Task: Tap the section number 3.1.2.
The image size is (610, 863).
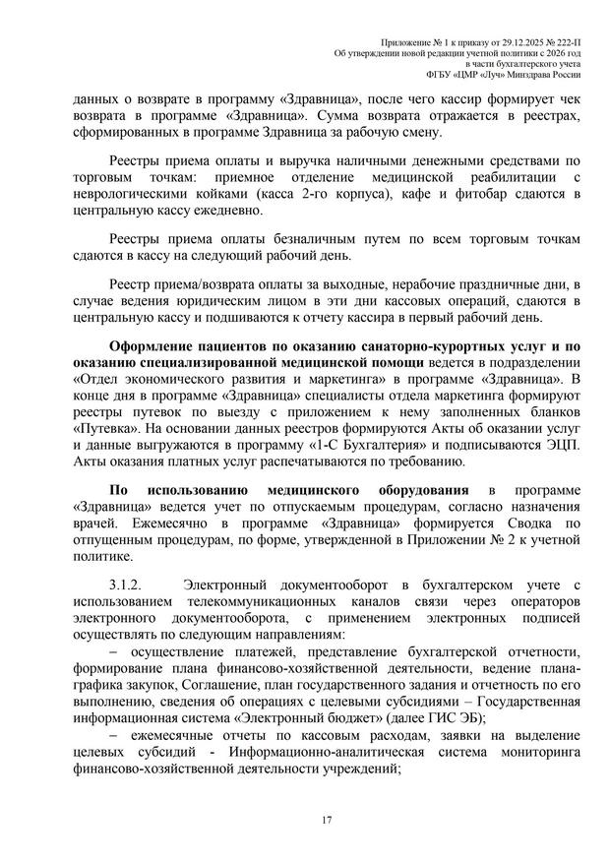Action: [129, 585]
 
